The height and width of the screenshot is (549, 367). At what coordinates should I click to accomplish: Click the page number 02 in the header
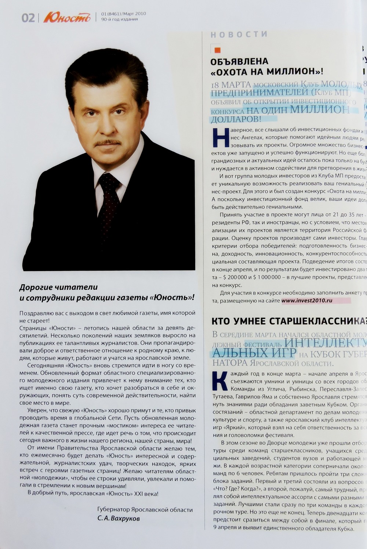point(28,18)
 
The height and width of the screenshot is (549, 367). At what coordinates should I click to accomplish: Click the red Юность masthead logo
point(66,17)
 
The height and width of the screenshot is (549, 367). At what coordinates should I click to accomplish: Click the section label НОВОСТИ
point(239,35)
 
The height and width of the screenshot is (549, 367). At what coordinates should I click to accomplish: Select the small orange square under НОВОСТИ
point(217,50)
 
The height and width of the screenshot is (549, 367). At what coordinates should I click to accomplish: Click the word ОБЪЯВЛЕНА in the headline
point(239,61)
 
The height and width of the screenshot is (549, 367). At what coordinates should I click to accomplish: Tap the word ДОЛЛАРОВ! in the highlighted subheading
point(236,119)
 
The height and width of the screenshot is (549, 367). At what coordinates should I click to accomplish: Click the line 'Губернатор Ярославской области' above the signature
point(145,510)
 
